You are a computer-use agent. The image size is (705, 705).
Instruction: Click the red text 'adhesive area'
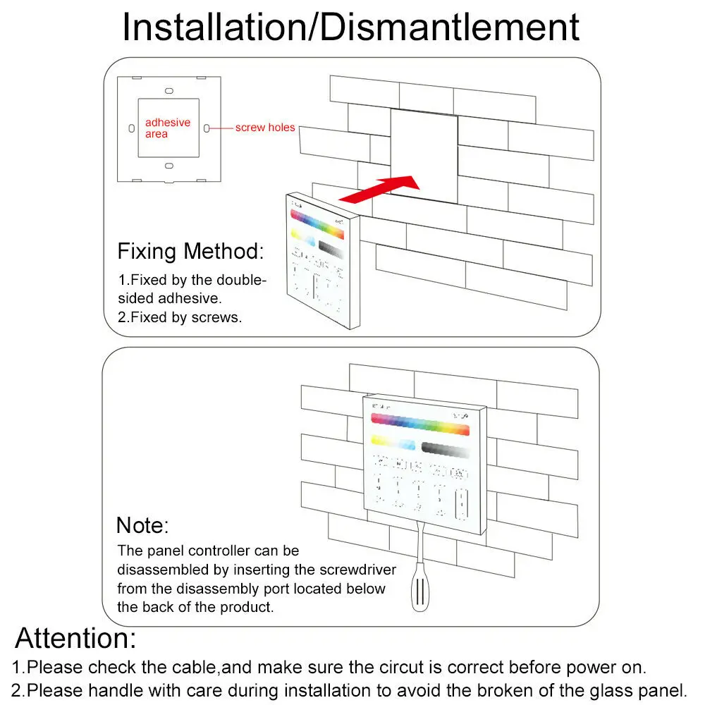(x=167, y=128)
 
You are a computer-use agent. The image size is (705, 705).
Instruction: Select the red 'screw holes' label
(x=265, y=128)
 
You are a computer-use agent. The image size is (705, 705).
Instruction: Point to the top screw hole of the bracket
(x=169, y=91)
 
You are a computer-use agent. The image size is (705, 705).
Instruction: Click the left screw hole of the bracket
(x=132, y=128)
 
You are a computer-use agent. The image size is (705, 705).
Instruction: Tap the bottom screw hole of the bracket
(x=169, y=166)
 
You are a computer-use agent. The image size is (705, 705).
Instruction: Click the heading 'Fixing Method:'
(x=190, y=251)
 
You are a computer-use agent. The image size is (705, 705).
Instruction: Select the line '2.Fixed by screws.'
(x=180, y=317)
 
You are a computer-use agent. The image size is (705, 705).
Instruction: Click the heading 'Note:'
(x=142, y=525)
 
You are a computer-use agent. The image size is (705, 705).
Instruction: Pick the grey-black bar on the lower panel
(x=445, y=448)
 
